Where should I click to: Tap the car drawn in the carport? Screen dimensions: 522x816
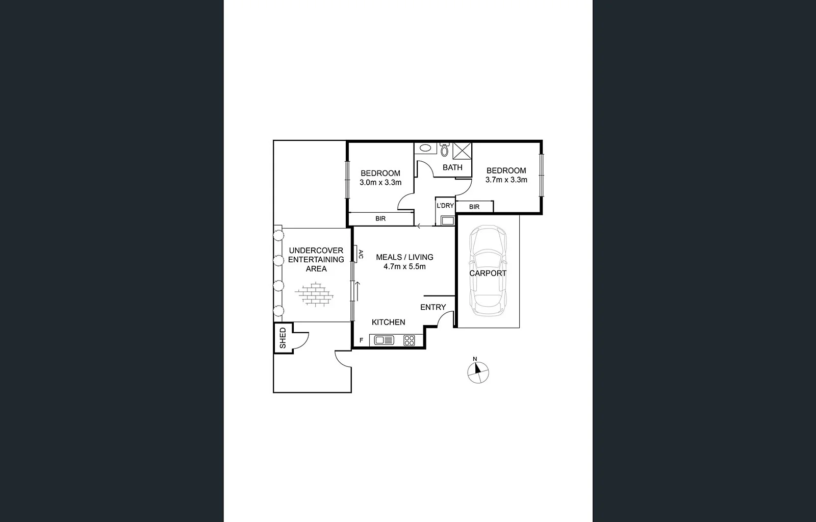(488, 271)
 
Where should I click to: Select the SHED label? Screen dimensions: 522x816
(283, 338)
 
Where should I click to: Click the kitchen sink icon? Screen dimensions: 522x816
(385, 340)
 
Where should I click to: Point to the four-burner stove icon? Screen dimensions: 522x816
(409, 340)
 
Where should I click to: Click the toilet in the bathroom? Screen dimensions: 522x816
(444, 150)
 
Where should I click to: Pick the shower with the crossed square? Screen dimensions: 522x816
(463, 152)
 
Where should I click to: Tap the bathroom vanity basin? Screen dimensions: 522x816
(424, 148)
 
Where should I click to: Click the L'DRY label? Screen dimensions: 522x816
(445, 206)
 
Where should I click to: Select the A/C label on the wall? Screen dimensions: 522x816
(360, 254)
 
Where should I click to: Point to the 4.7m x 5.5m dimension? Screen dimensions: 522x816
(404, 266)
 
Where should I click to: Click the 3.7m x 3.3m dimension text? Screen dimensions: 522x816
(506, 180)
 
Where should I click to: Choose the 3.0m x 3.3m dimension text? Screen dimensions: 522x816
(380, 182)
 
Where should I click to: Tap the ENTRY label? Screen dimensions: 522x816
(433, 307)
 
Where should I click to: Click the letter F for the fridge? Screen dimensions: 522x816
(361, 340)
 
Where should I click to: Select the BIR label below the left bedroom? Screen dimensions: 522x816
(380, 218)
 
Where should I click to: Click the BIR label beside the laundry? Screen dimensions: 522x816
(474, 207)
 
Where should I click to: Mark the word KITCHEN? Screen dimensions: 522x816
(388, 322)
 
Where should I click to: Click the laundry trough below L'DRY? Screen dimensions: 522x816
(447, 220)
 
